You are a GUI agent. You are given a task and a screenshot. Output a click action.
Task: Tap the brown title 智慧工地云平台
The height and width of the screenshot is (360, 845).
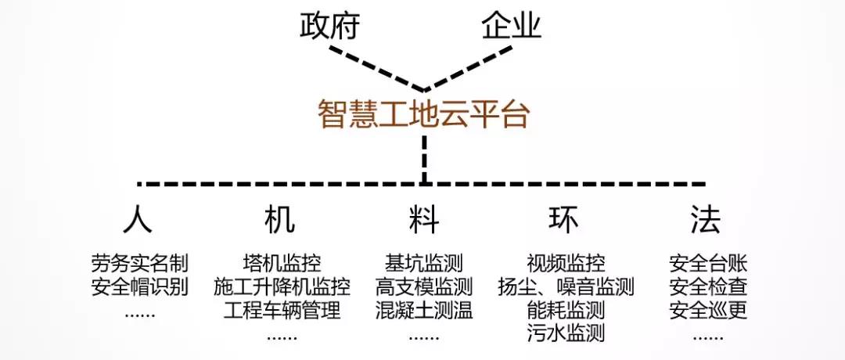(423, 114)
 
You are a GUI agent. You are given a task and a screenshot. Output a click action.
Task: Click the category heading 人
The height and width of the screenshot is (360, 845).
(138, 220)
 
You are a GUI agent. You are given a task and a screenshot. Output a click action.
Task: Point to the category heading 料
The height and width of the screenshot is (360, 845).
(423, 220)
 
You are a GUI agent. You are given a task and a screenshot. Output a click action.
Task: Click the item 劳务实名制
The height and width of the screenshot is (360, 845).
(140, 263)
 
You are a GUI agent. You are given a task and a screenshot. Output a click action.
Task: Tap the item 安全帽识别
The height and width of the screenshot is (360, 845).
(140, 286)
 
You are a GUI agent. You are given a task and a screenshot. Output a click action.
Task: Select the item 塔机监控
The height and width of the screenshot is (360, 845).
(282, 263)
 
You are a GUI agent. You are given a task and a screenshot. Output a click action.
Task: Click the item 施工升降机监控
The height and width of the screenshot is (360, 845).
(282, 286)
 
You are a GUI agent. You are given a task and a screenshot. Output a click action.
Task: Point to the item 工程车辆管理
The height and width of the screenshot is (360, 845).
(282, 310)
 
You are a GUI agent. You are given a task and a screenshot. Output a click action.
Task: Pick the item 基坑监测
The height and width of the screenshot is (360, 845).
(424, 263)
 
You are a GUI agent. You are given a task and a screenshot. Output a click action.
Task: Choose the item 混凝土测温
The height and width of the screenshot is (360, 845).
(424, 310)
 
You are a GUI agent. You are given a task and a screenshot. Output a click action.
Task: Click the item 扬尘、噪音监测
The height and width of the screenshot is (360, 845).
(565, 286)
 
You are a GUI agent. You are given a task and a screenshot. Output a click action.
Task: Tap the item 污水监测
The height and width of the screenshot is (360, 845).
(565, 333)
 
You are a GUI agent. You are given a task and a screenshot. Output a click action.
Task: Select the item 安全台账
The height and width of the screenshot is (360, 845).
(708, 263)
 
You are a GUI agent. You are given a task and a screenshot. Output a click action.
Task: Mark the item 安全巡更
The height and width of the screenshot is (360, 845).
(708, 310)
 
